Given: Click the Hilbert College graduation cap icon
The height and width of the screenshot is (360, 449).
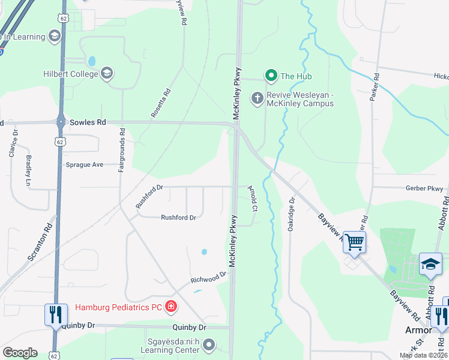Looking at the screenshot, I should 107,74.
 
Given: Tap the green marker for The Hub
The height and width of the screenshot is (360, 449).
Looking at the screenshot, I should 271,76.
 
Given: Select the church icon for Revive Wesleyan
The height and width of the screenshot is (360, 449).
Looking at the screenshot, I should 258,98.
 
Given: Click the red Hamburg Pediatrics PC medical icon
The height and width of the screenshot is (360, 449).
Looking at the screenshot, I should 171,307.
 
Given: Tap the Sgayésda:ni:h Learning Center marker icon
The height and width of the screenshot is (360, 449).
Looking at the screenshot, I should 209,344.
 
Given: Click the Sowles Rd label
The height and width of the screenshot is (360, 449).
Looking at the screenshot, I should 88,122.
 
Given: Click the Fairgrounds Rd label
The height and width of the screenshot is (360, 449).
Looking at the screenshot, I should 122,150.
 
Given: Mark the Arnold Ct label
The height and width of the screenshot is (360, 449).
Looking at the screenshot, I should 253,199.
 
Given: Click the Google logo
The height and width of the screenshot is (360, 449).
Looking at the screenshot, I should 20,353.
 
